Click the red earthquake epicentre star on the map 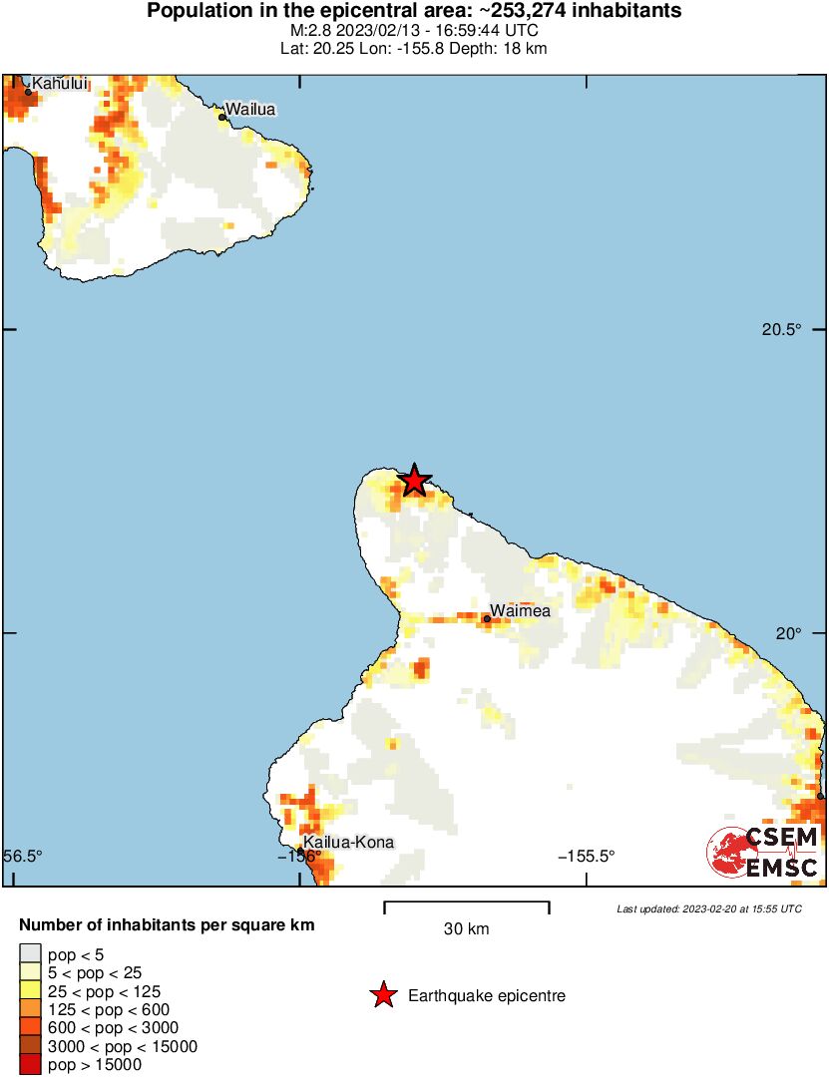(x=414, y=481)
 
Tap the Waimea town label (x=520, y=611)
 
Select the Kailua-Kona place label (x=348, y=843)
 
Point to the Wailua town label (x=249, y=109)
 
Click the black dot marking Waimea (x=487, y=619)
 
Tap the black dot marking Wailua (x=222, y=118)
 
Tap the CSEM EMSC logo (x=764, y=853)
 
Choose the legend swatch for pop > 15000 (x=31, y=1065)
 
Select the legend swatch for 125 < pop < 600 (x=31, y=1010)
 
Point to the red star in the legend (x=382, y=995)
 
